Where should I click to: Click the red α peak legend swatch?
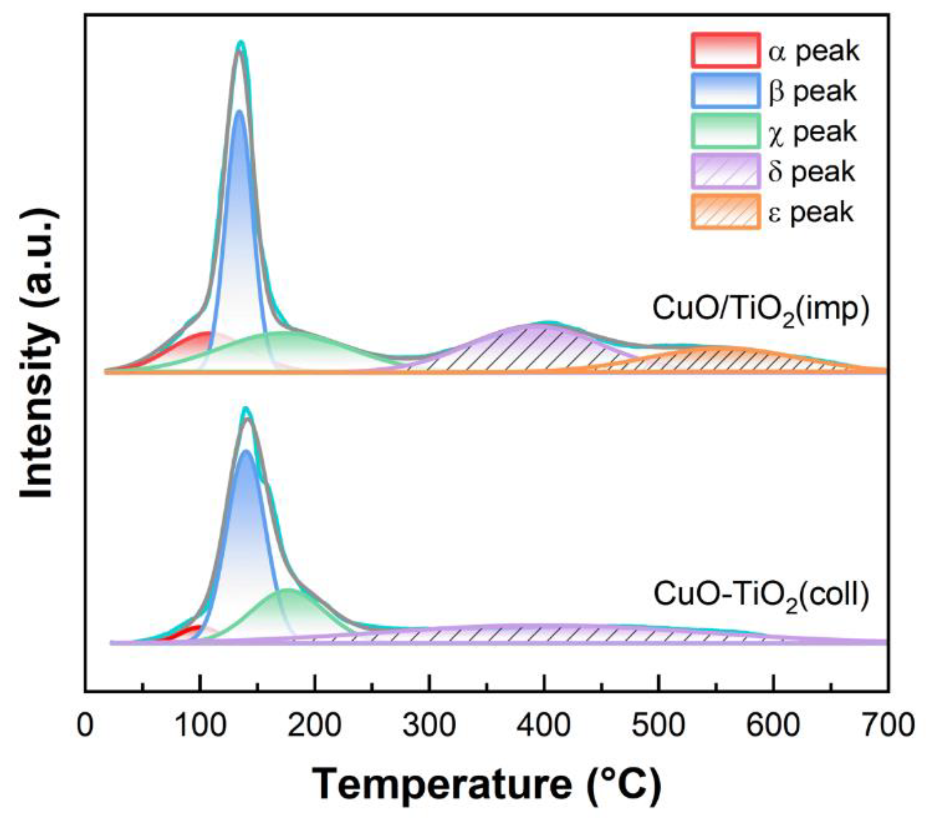pos(725,50)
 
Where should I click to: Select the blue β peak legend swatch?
pos(725,90)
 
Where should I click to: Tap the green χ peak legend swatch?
pos(725,131)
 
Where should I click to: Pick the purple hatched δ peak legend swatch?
pos(725,171)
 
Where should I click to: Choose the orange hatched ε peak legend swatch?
pos(725,212)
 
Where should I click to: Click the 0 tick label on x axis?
pos(85,725)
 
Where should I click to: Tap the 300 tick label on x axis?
pos(429,725)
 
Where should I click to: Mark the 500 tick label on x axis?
pos(658,725)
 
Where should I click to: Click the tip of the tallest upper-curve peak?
pos(241,43)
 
